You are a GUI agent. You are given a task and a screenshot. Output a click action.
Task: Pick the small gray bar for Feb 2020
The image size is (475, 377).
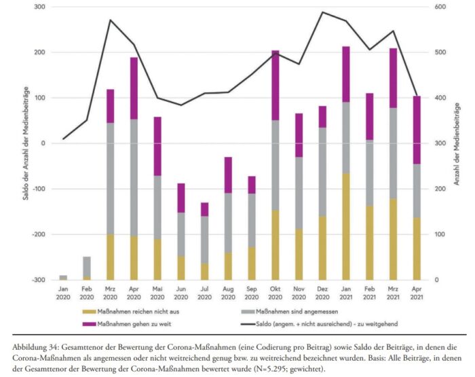click(x=87, y=267)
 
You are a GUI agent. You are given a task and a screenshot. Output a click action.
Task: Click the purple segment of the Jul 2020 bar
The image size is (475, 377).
click(x=204, y=209)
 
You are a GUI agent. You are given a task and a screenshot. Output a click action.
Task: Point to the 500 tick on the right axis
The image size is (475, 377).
click(x=439, y=52)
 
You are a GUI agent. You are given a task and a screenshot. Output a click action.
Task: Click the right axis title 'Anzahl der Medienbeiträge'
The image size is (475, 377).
click(x=458, y=143)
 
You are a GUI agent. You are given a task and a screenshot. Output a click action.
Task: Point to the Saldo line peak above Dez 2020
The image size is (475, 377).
click(x=322, y=12)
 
